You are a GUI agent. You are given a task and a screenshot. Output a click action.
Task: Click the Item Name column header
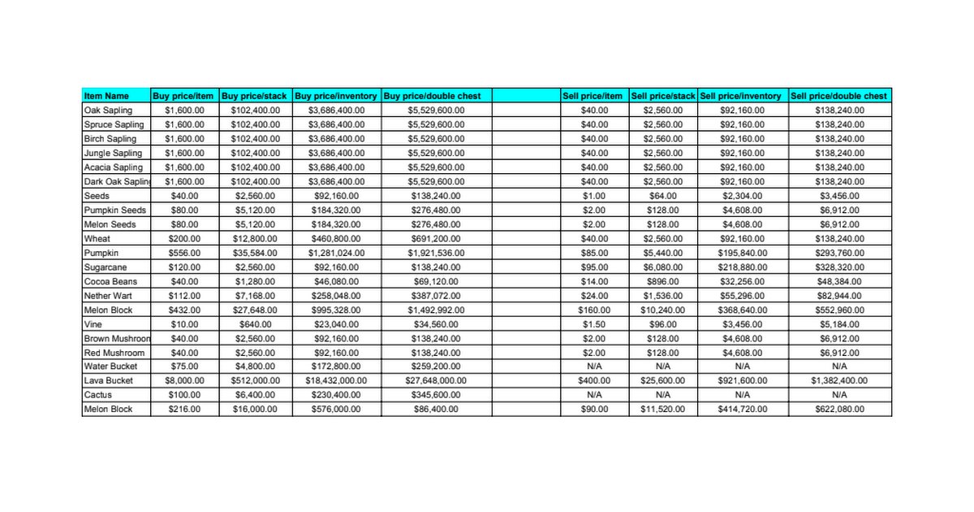coord(106,96)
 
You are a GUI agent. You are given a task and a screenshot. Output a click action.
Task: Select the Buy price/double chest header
coord(432,96)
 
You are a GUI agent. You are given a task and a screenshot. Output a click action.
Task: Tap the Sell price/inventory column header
coord(740,96)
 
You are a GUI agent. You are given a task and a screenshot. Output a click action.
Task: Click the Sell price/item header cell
coord(593,96)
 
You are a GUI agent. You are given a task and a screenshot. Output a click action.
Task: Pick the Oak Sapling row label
coord(108,111)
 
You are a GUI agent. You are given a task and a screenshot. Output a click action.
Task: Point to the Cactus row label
coord(97,395)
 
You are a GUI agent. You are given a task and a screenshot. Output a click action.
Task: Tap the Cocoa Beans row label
coord(110,281)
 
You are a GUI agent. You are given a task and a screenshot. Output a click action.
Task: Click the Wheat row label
coord(97,239)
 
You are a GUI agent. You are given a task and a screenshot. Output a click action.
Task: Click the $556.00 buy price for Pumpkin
coord(184,253)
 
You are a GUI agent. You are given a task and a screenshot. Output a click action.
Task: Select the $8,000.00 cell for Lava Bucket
coord(184,380)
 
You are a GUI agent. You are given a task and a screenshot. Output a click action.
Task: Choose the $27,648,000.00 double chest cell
coord(435,380)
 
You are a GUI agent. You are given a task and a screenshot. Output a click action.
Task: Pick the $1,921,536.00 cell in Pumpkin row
coord(435,253)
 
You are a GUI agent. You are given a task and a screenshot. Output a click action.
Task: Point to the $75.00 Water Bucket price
coord(184,367)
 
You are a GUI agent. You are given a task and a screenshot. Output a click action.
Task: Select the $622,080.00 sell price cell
coord(839,410)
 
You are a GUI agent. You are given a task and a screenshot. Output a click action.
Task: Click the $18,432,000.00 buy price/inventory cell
coord(336,380)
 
